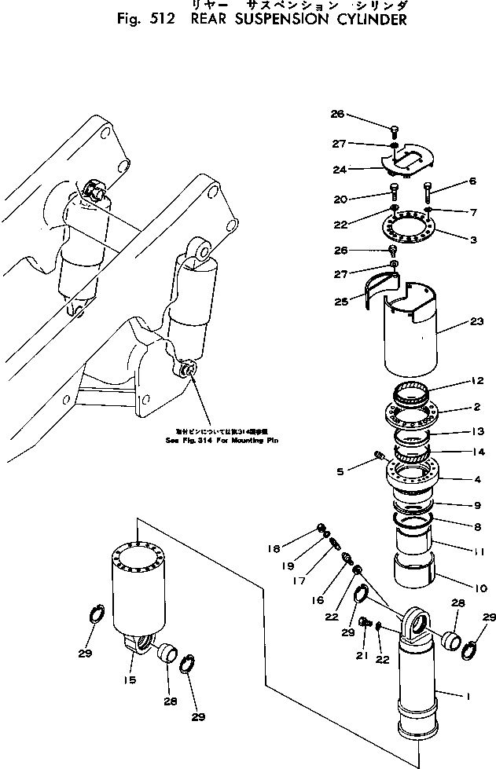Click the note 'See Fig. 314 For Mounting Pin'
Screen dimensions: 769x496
click(225, 440)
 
